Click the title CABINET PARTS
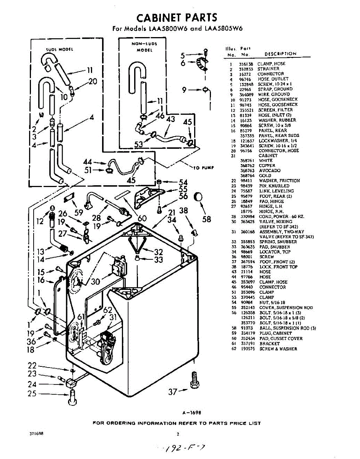click(x=177, y=17)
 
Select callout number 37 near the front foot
click(x=173, y=391)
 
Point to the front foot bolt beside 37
click(x=195, y=381)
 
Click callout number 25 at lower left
click(x=32, y=393)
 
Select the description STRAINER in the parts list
click(x=268, y=69)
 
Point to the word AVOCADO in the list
click(x=270, y=171)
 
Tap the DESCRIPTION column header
click(x=281, y=54)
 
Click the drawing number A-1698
click(x=192, y=413)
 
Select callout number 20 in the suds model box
click(x=93, y=81)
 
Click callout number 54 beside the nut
click(x=183, y=182)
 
